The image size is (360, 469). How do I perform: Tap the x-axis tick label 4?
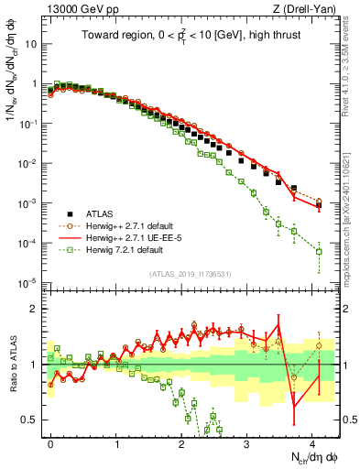(x=313, y=442)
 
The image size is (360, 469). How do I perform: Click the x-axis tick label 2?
(x=182, y=442)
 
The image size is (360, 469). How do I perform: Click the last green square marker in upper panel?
(x=319, y=251)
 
